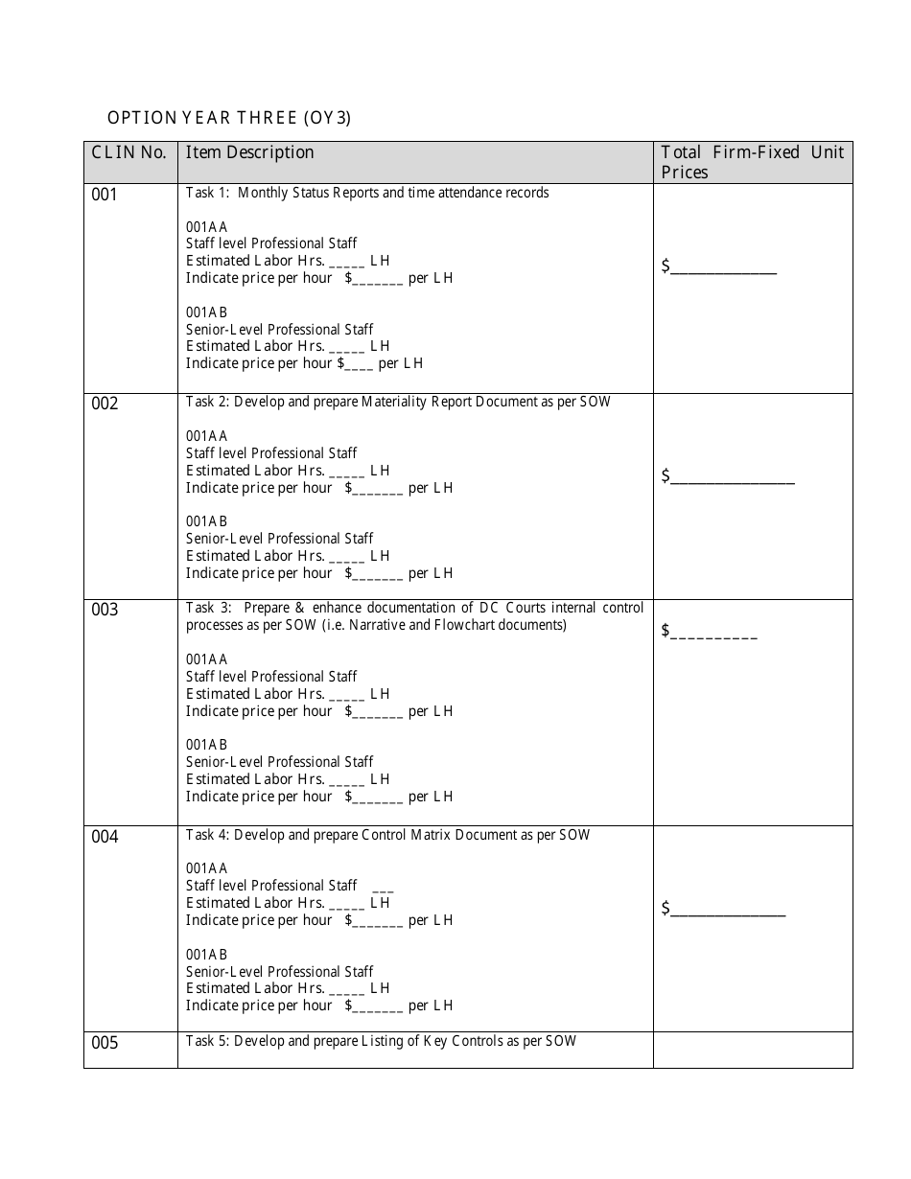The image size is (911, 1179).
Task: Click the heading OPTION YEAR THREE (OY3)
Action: pyautogui.click(x=229, y=118)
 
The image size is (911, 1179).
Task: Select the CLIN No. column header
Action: pyautogui.click(x=128, y=152)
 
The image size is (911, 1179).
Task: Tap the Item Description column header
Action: pyautogui.click(x=250, y=152)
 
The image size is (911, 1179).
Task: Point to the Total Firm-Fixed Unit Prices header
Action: pyautogui.click(x=752, y=162)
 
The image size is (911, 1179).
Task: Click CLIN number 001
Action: pyautogui.click(x=105, y=196)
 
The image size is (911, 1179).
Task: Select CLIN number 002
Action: pyautogui.click(x=105, y=404)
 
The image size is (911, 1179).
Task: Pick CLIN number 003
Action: pyautogui.click(x=105, y=610)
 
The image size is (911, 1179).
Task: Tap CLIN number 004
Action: pyautogui.click(x=105, y=837)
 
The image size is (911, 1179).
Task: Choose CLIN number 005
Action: pyautogui.click(x=105, y=1043)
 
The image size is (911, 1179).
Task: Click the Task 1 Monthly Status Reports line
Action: pyautogui.click(x=367, y=193)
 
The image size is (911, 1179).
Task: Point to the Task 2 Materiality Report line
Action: pyautogui.click(x=398, y=402)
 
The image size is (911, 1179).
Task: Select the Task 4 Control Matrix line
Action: pyautogui.click(x=387, y=835)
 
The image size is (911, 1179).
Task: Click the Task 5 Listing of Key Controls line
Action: pyautogui.click(x=381, y=1041)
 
